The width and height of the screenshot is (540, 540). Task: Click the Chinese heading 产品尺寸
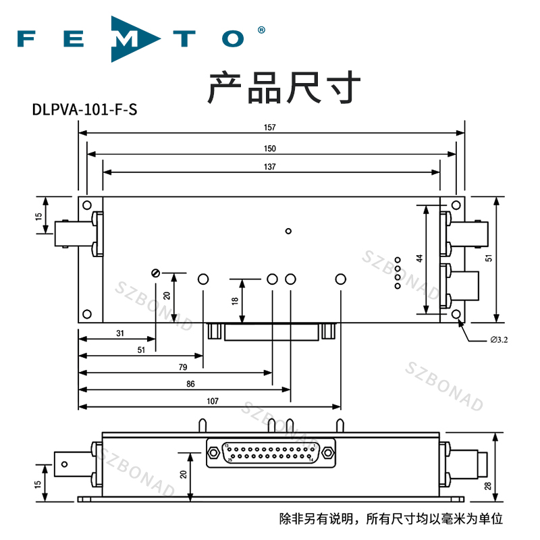click(x=283, y=87)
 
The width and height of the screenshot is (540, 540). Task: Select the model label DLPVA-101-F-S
click(x=84, y=109)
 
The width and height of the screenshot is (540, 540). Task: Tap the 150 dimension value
click(x=270, y=148)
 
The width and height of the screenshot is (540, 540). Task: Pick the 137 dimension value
click(x=270, y=167)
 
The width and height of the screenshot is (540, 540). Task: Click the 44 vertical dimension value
click(x=418, y=259)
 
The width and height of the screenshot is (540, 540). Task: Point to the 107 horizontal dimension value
click(x=212, y=402)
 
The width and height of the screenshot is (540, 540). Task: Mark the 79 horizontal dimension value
click(x=182, y=367)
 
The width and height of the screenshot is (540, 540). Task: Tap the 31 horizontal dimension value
click(x=120, y=333)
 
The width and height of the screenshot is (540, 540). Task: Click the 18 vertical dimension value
click(x=235, y=301)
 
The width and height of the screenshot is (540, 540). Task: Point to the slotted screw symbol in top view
click(x=155, y=273)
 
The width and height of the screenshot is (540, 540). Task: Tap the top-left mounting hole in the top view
click(x=86, y=204)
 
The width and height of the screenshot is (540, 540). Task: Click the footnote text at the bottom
click(x=391, y=519)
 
